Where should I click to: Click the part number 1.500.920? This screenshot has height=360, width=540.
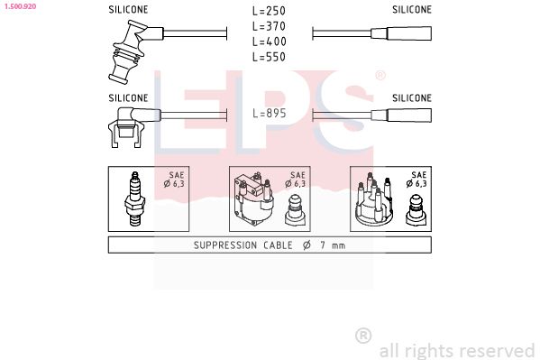click(x=18, y=5)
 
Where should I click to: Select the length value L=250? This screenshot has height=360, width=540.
click(x=270, y=12)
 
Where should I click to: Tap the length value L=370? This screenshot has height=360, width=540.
click(x=270, y=27)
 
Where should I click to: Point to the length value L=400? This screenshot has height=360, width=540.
click(x=270, y=42)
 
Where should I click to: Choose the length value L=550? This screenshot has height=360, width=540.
click(x=270, y=58)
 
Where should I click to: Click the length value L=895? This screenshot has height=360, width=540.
click(x=270, y=115)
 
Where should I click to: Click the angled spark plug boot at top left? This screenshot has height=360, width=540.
click(x=127, y=53)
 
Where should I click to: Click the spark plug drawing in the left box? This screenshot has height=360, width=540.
click(x=137, y=198)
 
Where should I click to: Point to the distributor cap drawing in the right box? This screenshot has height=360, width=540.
click(x=371, y=202)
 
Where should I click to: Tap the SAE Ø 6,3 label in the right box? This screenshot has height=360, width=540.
click(x=417, y=180)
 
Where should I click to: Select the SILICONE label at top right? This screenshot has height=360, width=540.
click(x=411, y=9)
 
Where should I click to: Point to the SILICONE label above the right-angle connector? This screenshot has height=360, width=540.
click(x=128, y=97)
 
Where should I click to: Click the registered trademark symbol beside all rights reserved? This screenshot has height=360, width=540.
click(x=363, y=336)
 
